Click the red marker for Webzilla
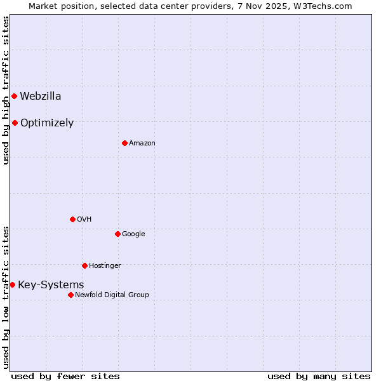(14, 97)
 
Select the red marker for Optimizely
(15, 123)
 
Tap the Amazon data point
(124, 143)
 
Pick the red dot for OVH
(72, 219)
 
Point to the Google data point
(117, 234)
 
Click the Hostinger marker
(84, 265)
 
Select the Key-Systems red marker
(12, 285)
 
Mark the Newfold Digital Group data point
(70, 295)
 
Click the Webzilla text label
(41, 97)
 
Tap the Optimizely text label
(47, 123)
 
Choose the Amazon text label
(142, 144)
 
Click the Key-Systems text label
(51, 285)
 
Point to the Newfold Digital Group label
(112, 295)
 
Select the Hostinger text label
(105, 265)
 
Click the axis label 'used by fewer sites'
(65, 376)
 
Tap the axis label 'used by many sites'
(319, 376)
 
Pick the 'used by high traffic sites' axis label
(6, 90)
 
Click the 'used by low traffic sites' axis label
(6, 297)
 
